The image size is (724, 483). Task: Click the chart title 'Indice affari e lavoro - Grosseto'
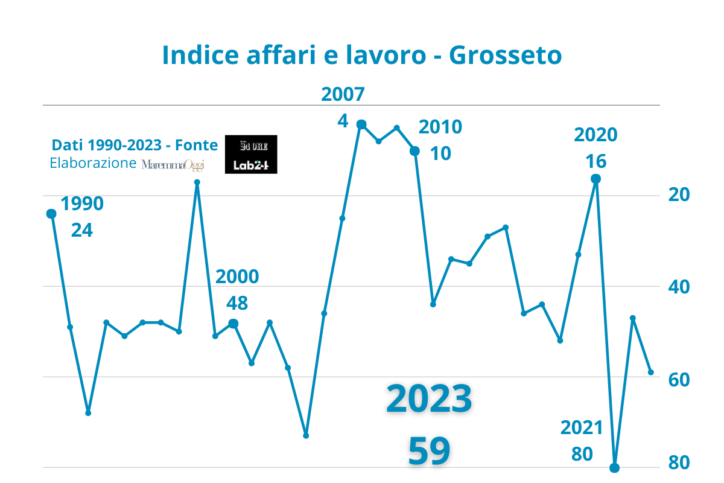coord(362,56)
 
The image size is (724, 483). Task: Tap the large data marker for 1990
coord(51,214)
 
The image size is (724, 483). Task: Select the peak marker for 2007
coord(361,124)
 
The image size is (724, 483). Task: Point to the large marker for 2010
coord(415,151)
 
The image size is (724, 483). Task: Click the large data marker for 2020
coord(595,179)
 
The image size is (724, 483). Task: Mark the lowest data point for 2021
coord(615,468)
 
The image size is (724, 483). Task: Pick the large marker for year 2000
coord(233,324)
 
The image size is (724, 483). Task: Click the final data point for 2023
coord(651,373)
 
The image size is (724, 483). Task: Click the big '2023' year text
coord(429,400)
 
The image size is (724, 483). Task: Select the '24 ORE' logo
coord(251,146)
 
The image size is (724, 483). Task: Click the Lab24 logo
coord(251,165)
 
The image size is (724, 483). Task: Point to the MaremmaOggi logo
coord(173,164)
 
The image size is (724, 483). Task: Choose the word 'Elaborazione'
coord(93,163)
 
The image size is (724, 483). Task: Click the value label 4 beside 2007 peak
coord(343,121)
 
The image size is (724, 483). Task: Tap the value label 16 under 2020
coord(596,161)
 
